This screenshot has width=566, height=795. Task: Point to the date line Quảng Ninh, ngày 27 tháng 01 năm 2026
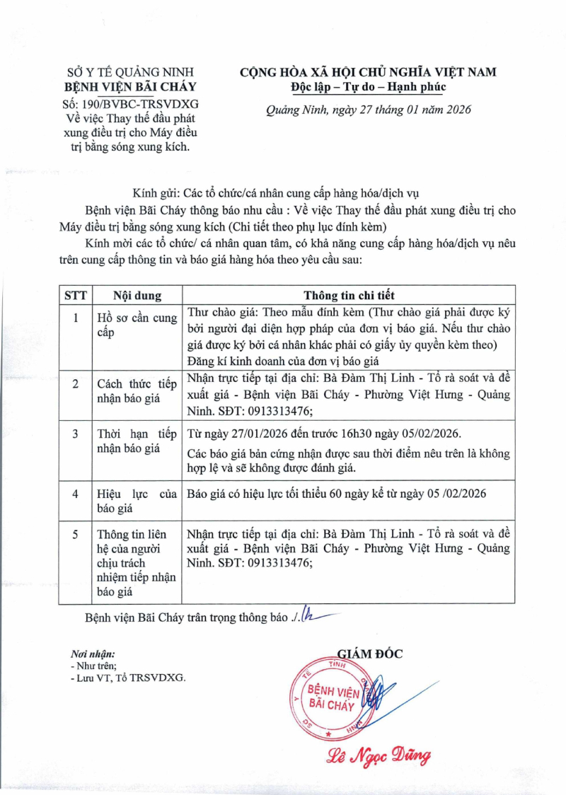(x=368, y=110)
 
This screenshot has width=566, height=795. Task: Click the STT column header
(x=76, y=296)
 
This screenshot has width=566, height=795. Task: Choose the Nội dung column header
(x=137, y=296)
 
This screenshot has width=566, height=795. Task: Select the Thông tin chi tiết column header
(x=350, y=296)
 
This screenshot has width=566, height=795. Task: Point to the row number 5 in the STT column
(x=76, y=534)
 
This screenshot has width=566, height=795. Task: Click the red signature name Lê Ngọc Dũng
(x=378, y=756)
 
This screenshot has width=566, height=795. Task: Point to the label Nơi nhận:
(x=93, y=655)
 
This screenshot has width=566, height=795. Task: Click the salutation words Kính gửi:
(x=156, y=192)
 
